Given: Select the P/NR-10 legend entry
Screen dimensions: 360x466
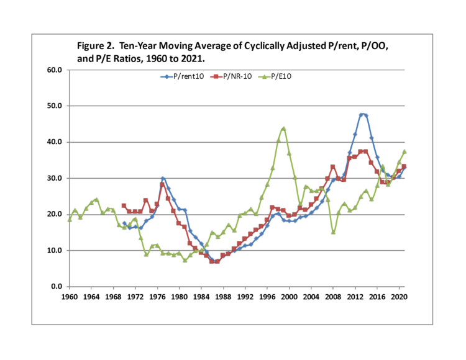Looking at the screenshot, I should pos(235,76).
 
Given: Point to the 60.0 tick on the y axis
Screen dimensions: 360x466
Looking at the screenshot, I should pos(53,70).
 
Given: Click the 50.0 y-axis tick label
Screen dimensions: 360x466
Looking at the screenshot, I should pos(53,106).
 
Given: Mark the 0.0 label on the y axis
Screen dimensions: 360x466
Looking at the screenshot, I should pos(55,287).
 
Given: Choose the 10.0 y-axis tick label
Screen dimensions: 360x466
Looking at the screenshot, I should pos(53,251).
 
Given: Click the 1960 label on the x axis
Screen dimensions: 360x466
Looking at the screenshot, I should pos(69,297).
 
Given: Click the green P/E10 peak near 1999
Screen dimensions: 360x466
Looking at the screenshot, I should pos(283,128).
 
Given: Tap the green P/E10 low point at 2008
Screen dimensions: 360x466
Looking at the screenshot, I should pos(334,232).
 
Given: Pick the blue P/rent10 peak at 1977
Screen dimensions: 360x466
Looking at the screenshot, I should pos(163,178).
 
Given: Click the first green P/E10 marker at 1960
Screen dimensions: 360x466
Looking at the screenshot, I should pos(69,219).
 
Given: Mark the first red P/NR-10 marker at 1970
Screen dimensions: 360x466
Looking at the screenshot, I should pos(124,205).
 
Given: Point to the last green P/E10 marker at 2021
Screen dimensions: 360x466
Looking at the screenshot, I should pos(404,151).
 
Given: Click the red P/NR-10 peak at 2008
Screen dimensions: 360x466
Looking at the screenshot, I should pos(333,166).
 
